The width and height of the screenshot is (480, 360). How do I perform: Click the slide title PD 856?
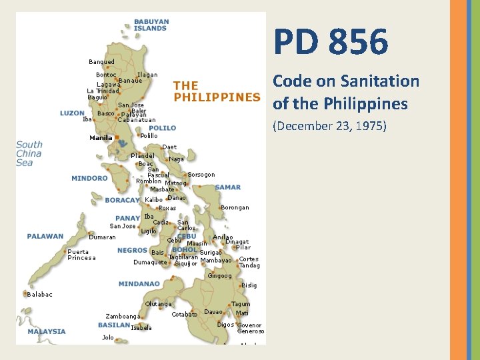pos(330,43)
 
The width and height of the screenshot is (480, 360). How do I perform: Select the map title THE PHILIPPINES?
pos(217,91)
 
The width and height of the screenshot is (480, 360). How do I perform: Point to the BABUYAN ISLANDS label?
pos(151,25)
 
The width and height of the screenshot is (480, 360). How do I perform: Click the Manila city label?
pos(101,138)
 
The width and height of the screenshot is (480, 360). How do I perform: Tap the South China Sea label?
pos(29,153)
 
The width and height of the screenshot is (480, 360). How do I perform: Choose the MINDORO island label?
pos(89,178)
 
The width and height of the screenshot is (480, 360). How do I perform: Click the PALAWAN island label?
pos(45,236)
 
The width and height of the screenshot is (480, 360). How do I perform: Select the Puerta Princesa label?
pos(81,255)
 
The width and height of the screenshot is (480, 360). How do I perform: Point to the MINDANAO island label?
pos(139,283)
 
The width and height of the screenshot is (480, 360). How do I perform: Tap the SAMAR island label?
pos(228,187)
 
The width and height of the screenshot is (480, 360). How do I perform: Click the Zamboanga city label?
pos(123,316)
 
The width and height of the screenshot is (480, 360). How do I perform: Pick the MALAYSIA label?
pos(47,331)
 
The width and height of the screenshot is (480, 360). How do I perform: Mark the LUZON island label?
pos(72,113)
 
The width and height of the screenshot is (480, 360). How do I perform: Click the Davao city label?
pos(213,312)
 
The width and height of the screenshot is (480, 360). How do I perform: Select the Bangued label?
pos(101,62)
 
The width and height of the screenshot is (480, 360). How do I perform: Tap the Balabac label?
pos(40,294)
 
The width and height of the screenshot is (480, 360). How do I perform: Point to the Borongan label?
pos(235,207)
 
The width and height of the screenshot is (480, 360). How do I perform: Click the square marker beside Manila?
pos(117,139)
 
